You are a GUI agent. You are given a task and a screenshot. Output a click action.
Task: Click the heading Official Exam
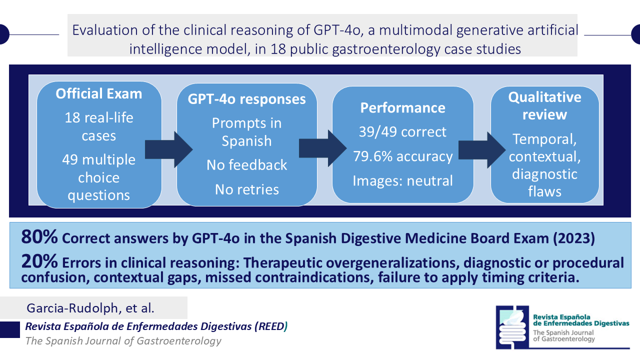99,93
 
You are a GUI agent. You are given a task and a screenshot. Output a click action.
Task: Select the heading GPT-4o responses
246,99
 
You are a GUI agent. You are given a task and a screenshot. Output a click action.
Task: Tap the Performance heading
402,107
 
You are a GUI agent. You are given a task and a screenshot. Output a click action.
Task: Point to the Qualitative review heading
544,105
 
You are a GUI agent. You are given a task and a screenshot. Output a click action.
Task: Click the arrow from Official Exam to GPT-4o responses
169,149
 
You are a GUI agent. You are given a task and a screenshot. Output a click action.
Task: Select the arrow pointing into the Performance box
323,148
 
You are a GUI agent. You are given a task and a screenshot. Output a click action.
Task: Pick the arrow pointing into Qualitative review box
482,149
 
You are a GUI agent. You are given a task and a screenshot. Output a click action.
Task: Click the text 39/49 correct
402,132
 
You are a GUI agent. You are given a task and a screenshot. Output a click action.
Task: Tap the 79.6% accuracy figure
403,156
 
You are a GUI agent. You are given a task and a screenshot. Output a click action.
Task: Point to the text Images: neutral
402,181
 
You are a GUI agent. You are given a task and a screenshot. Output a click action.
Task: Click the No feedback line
246,165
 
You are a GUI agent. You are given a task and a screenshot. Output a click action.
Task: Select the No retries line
246,189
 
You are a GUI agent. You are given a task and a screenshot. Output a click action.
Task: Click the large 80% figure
39,237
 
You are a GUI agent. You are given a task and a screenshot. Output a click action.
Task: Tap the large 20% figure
39,261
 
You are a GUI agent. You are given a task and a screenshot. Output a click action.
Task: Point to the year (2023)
573,238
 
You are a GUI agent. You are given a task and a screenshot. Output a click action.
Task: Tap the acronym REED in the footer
271,326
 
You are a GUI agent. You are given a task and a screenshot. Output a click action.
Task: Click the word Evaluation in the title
105,30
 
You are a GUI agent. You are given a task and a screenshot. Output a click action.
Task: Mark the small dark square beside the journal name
10,329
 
